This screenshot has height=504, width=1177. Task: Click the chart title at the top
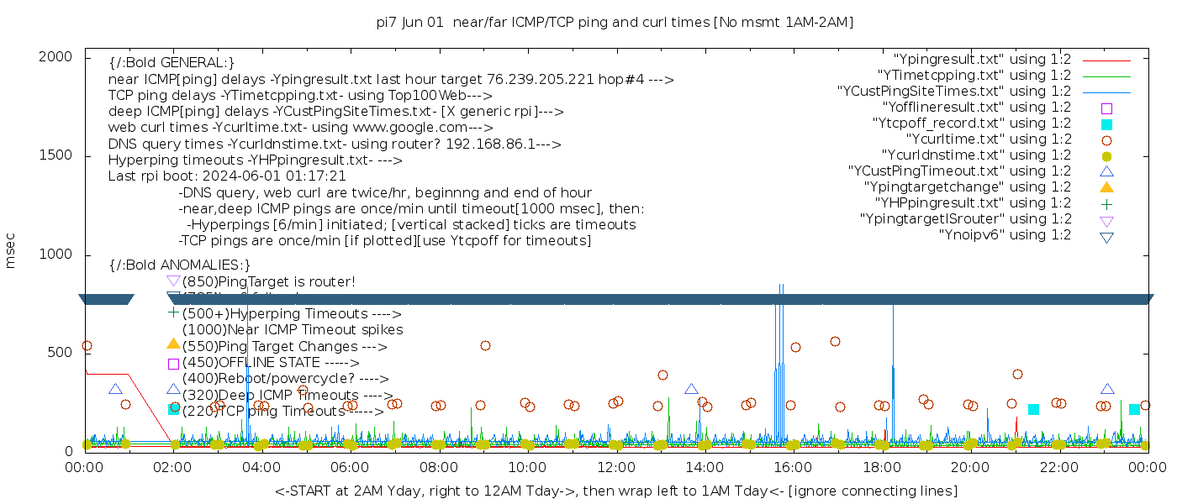tap(615, 23)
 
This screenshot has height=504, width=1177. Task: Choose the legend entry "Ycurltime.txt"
tap(988, 139)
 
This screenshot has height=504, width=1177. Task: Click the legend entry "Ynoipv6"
tap(1005, 235)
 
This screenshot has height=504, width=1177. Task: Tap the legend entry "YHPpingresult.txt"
tap(973, 203)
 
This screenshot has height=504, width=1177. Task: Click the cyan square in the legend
tap(1106, 124)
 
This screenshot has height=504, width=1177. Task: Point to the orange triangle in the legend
tap(1106, 186)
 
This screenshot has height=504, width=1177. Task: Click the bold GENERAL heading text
tap(172, 63)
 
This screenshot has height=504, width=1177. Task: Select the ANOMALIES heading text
tap(180, 265)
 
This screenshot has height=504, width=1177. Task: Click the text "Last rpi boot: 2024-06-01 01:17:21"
tap(227, 176)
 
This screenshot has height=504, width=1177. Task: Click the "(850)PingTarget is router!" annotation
tap(268, 281)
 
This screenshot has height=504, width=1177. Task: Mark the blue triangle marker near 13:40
tap(691, 389)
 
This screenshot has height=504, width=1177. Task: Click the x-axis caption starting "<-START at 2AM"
tap(615, 491)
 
